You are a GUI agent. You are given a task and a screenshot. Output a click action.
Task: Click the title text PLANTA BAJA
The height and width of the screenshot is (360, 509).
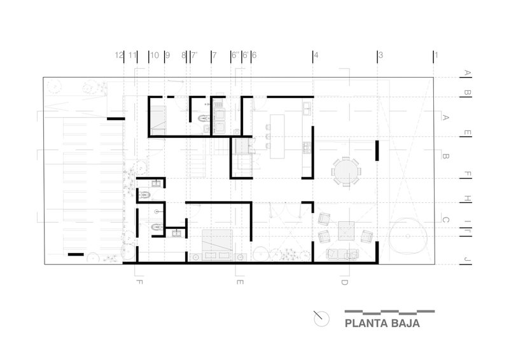[382, 323]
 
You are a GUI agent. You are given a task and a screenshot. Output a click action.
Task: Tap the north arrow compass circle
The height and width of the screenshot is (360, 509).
[322, 319]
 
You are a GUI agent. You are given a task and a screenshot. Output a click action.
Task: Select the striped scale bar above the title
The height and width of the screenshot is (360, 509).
[389, 312]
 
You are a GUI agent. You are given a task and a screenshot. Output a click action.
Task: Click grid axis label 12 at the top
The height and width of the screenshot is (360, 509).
[119, 55]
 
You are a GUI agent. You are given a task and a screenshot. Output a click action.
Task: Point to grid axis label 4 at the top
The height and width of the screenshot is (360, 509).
[316, 55]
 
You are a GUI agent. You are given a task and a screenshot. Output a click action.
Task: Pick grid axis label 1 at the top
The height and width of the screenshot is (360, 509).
[436, 55]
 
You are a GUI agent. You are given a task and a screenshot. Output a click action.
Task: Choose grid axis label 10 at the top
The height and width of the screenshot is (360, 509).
[155, 55]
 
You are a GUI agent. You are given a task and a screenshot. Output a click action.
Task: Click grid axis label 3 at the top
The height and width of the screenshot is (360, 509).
[380, 55]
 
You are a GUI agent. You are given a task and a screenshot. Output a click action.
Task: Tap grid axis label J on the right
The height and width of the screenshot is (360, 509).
[467, 259]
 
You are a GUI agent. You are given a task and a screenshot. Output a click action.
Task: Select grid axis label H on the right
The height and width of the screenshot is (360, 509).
[467, 198]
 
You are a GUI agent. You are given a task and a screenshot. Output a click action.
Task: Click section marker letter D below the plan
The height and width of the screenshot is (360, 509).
[344, 282]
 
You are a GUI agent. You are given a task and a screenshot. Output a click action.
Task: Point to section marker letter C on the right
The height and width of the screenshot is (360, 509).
[445, 220]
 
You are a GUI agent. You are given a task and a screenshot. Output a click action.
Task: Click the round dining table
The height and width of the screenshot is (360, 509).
[346, 171]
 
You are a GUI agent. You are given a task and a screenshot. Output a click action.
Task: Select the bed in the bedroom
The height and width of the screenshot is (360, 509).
[217, 245]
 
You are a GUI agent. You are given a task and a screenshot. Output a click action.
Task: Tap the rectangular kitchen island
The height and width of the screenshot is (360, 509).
[277, 136]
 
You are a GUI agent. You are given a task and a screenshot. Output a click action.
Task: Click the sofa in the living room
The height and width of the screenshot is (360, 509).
[342, 254]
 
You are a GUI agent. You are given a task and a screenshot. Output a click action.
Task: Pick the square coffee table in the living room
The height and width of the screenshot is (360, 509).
[346, 230]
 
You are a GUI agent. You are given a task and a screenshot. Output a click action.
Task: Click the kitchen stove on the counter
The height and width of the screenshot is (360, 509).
[307, 148]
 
